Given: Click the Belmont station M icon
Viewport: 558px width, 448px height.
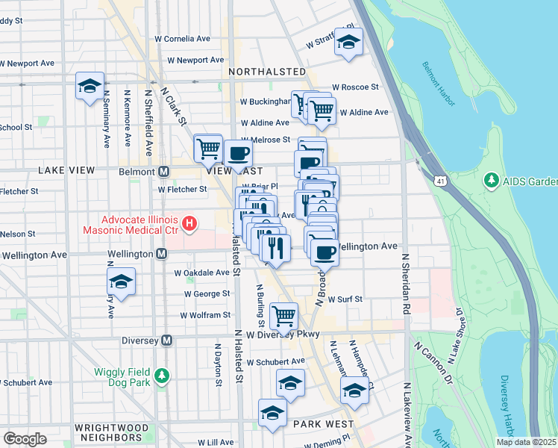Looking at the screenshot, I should [163, 171].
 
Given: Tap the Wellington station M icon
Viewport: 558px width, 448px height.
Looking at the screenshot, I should [161, 255].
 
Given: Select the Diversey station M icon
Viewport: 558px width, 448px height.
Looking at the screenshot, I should [166, 340].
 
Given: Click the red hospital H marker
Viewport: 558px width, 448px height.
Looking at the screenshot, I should [189, 223].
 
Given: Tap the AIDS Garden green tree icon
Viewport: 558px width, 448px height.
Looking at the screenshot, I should [491, 181].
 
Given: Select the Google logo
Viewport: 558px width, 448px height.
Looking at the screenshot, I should [25, 438].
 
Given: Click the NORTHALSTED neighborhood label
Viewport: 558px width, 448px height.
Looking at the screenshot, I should [267, 72].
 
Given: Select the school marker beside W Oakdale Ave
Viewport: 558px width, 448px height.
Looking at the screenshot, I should [120, 281].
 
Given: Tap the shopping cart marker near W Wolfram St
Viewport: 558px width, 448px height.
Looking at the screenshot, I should [283, 315].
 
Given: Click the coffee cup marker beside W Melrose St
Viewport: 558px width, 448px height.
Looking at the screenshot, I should [238, 154].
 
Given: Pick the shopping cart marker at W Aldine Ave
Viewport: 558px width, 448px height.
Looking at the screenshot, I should [321, 111].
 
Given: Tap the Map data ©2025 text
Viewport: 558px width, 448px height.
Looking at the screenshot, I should [525, 442].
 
